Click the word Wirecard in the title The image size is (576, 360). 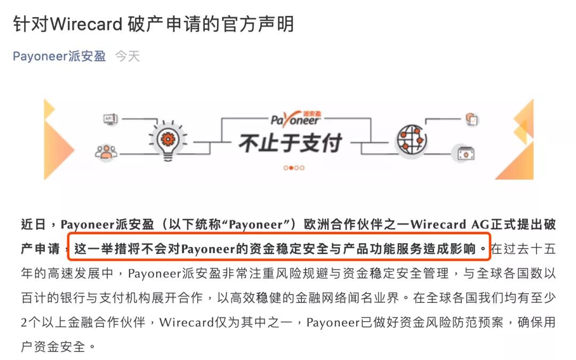click(86, 24)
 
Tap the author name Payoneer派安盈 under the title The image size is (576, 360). click(59, 56)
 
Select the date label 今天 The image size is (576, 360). click(127, 56)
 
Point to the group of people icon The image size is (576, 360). click(106, 151)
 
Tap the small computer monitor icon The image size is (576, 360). click(110, 119)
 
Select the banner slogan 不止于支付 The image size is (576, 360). click(291, 143)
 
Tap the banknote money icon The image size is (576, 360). click(466, 153)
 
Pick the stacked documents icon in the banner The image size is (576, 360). click(471, 119)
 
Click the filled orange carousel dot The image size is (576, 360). click(291, 168)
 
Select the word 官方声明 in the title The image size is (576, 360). click(258, 24)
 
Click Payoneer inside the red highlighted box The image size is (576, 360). click(209, 250)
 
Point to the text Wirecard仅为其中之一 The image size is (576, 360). click(226, 322)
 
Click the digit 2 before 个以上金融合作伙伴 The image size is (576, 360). click(24, 323)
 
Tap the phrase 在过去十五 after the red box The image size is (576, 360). click(523, 249)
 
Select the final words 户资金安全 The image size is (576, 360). click(53, 347)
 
